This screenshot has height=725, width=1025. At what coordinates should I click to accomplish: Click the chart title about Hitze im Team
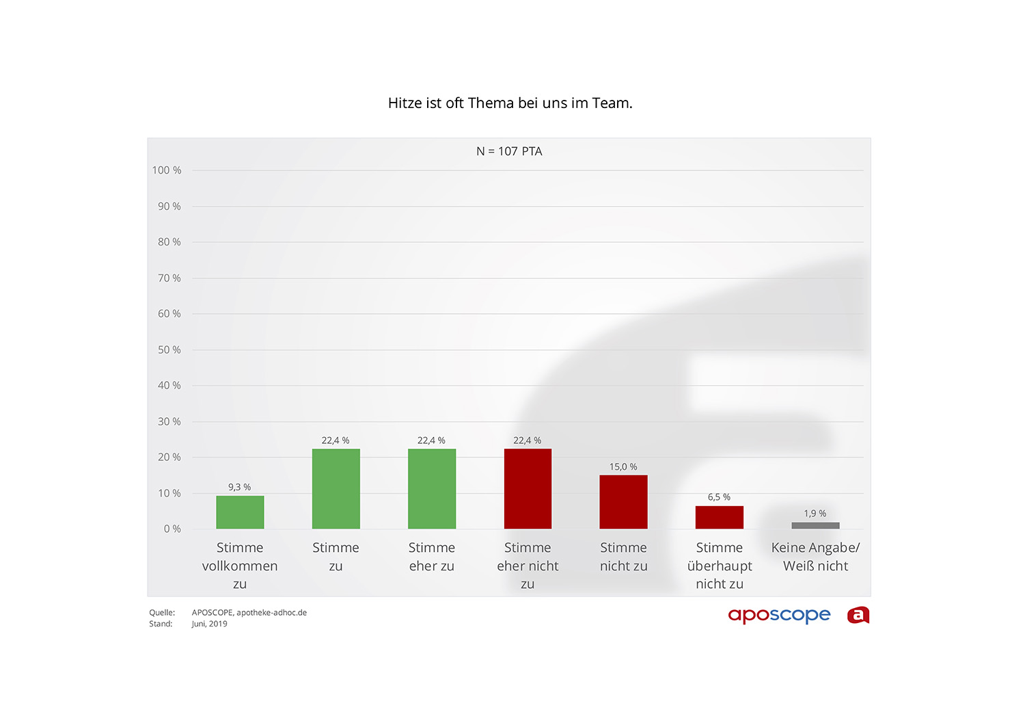(x=510, y=103)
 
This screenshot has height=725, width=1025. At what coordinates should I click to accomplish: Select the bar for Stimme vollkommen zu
(x=240, y=512)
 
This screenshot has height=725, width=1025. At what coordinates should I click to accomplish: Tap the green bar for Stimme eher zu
(x=432, y=488)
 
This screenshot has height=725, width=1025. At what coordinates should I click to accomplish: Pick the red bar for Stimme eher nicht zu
(x=528, y=488)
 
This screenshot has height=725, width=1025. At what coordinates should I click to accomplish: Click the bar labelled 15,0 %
(x=623, y=501)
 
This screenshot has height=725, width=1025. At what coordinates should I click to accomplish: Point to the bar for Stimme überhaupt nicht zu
(x=719, y=517)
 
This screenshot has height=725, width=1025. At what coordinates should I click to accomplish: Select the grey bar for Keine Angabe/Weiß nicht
(x=815, y=525)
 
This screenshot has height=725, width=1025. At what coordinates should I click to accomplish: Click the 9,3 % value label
(x=239, y=487)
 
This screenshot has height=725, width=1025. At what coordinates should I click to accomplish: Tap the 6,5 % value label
(x=719, y=497)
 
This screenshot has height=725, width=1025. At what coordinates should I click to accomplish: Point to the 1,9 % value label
(x=815, y=514)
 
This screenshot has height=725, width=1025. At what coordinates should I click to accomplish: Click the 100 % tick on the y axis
(x=167, y=170)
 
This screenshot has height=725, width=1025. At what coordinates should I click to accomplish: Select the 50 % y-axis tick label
(x=169, y=350)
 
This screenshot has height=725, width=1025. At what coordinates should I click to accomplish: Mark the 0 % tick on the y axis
(x=172, y=529)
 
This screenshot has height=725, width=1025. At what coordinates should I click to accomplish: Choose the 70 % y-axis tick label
(x=169, y=278)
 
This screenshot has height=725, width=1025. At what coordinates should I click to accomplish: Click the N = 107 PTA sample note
(x=509, y=151)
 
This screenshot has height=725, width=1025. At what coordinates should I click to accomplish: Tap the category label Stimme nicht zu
(x=623, y=557)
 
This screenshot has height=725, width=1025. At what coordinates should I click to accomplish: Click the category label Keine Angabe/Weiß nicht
(x=815, y=557)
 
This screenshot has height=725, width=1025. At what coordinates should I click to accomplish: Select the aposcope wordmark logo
(x=779, y=615)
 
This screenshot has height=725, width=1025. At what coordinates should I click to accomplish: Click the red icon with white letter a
(x=858, y=615)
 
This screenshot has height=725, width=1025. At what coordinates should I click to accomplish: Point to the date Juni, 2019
(x=209, y=624)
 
